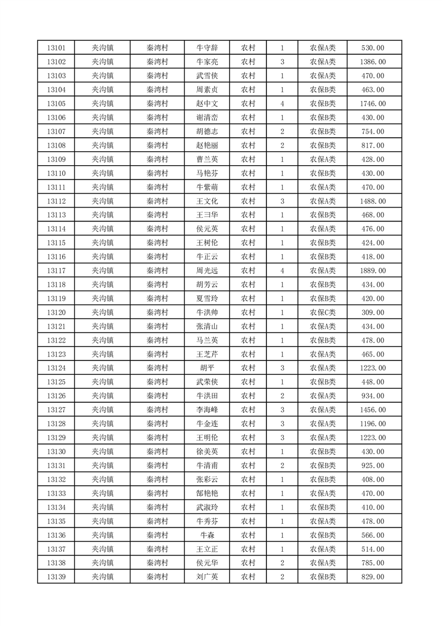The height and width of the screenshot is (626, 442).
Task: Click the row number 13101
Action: pos(56,48)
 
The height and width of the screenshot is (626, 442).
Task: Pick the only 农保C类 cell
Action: pos(322,312)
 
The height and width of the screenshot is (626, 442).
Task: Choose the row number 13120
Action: pos(56,312)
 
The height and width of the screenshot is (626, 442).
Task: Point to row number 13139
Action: pos(56,577)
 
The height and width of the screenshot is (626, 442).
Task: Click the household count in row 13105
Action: pos(282,104)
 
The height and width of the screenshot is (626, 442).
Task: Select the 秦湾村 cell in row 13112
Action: pos(157,201)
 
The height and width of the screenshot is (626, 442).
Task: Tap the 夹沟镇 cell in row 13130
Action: pos(103,452)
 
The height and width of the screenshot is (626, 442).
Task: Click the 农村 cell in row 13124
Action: pos(248,368)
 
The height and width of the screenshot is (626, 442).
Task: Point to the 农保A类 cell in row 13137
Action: pos(322,549)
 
